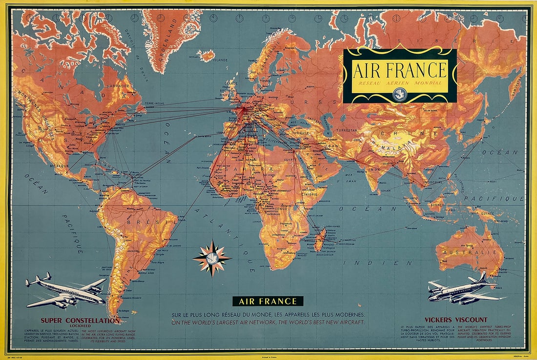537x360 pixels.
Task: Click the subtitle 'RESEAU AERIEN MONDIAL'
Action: (x=400, y=83)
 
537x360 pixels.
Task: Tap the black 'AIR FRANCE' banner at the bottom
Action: (x=268, y=301)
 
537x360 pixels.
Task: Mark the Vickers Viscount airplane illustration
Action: (x=464, y=290)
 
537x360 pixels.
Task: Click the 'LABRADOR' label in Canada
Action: (x=118, y=86)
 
